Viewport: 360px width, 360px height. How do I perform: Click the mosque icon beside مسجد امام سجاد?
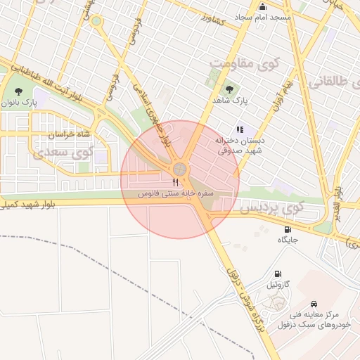[x=262, y=6]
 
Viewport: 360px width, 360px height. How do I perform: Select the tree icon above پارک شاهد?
[x=230, y=89]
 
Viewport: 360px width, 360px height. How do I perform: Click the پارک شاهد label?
[x=230, y=101]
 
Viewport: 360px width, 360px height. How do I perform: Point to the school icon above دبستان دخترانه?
[x=240, y=129]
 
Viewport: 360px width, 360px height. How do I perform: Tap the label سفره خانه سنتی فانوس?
[x=174, y=193]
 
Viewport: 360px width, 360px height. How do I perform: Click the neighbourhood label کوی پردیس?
[x=271, y=208]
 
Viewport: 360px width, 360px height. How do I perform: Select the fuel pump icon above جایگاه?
[x=287, y=229]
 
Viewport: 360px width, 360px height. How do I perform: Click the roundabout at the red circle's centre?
[x=180, y=169]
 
